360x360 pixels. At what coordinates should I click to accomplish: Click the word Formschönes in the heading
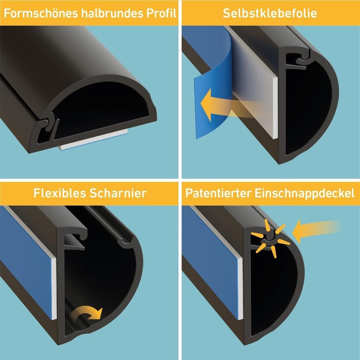[41, 13]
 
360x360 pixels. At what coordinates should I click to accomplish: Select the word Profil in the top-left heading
[161, 13]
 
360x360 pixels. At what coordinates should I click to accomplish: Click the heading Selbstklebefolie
[270, 13]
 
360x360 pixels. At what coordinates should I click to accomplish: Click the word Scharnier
[118, 193]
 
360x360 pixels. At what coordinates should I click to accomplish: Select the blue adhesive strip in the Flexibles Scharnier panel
[26, 262]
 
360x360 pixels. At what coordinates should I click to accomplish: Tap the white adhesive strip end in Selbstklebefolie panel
[275, 108]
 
